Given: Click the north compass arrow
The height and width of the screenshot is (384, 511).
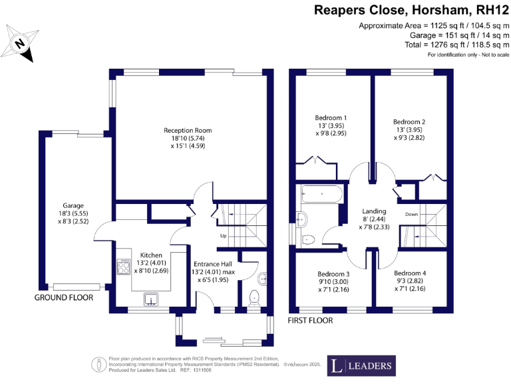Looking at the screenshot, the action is pyautogui.click(x=21, y=44).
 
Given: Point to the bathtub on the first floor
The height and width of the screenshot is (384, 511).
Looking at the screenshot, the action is pyautogui.click(x=322, y=195).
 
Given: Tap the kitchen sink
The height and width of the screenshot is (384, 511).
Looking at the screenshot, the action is pyautogui.click(x=151, y=299).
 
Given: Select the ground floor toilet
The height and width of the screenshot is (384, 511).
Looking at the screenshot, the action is pyautogui.click(x=254, y=297).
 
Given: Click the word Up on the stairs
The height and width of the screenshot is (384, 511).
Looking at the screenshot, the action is pyautogui.click(x=224, y=235).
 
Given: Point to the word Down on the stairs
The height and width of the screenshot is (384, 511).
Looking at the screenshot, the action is pyautogui.click(x=411, y=214).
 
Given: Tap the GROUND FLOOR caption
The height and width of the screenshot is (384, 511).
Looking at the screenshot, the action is pyautogui.click(x=64, y=298).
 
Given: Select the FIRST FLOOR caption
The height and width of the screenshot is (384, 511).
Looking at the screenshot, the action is pyautogui.click(x=309, y=321).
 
